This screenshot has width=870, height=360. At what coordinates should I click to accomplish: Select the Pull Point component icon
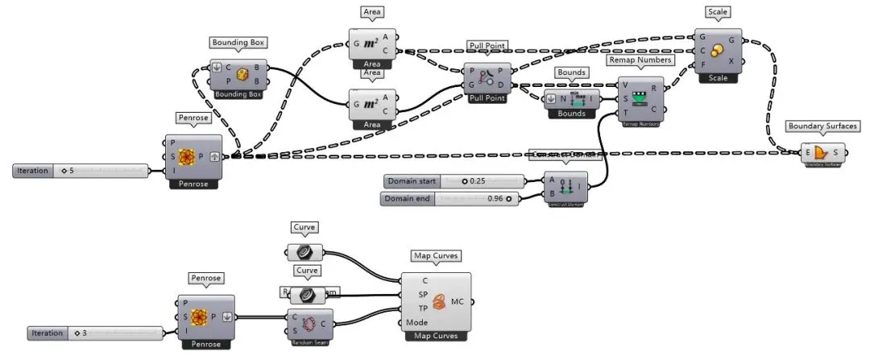coord(487,77)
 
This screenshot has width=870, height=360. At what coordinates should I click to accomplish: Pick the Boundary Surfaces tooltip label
coord(822,126)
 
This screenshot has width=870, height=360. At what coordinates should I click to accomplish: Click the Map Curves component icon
coord(439,301)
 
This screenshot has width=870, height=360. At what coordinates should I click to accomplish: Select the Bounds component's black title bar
coord(571,114)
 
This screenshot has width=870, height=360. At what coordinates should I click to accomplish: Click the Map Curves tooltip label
coord(435,256)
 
